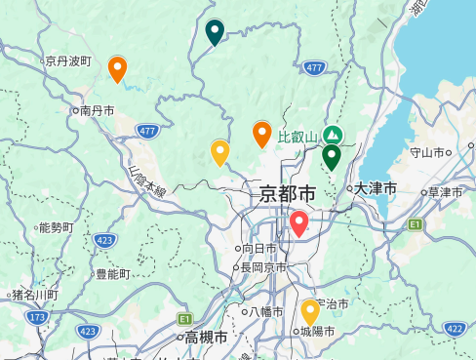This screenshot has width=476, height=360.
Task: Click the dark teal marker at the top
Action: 215,31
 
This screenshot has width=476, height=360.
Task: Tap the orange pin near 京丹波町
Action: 117,68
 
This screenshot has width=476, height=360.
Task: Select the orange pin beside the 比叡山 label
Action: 261,134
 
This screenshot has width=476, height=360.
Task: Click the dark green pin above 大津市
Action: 332,156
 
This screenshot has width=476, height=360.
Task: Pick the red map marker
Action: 299,223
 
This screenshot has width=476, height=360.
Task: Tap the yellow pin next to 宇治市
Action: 310,311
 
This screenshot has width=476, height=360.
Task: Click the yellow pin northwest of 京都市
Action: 219,152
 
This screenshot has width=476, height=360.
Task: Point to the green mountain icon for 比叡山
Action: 334,134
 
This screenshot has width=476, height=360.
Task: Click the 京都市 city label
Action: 288,193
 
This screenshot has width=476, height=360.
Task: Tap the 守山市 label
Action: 426,152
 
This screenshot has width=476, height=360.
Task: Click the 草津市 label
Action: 445,192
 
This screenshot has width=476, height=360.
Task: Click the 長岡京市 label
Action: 263,267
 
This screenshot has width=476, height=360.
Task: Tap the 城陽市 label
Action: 317,332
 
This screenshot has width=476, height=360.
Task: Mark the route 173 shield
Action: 37,318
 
